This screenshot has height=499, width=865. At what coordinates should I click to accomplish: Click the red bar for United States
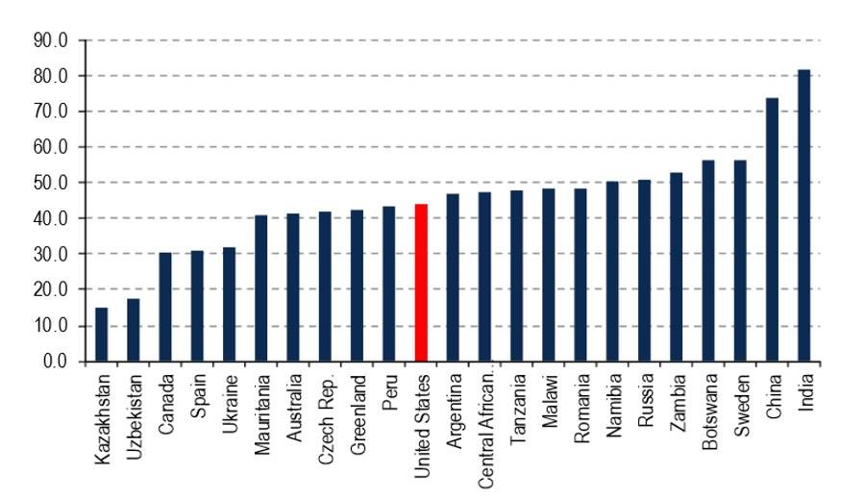point(421,283)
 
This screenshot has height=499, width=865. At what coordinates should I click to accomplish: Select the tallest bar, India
point(803,215)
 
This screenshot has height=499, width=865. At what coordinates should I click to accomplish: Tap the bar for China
point(772,230)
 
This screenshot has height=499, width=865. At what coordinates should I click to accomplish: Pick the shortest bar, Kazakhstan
point(102,335)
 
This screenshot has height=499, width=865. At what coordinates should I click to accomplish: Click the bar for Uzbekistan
point(134,331)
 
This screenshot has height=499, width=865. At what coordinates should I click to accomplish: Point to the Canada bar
point(165,308)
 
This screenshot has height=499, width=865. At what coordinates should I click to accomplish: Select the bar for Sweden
point(740,262)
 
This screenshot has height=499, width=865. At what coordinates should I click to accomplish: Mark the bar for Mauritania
point(260,288)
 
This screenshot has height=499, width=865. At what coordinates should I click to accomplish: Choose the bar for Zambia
point(676,267)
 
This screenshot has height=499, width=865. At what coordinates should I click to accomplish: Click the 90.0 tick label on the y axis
point(51,40)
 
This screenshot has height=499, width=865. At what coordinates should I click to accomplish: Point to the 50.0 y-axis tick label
point(51,183)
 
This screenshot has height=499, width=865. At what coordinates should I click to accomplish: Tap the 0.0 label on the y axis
point(55,361)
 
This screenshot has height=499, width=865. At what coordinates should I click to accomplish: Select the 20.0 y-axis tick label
point(51,289)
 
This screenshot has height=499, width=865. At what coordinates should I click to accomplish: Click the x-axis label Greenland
point(358,414)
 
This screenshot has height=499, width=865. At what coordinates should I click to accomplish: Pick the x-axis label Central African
point(485,432)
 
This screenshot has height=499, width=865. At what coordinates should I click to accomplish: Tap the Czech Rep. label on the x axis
point(327,419)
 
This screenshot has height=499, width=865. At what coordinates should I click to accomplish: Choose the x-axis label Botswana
point(710,412)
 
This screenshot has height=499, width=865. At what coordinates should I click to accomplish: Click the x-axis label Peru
point(390,392)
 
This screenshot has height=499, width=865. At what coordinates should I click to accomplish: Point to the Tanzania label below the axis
point(517,410)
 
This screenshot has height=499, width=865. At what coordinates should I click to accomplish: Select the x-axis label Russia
point(646,400)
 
